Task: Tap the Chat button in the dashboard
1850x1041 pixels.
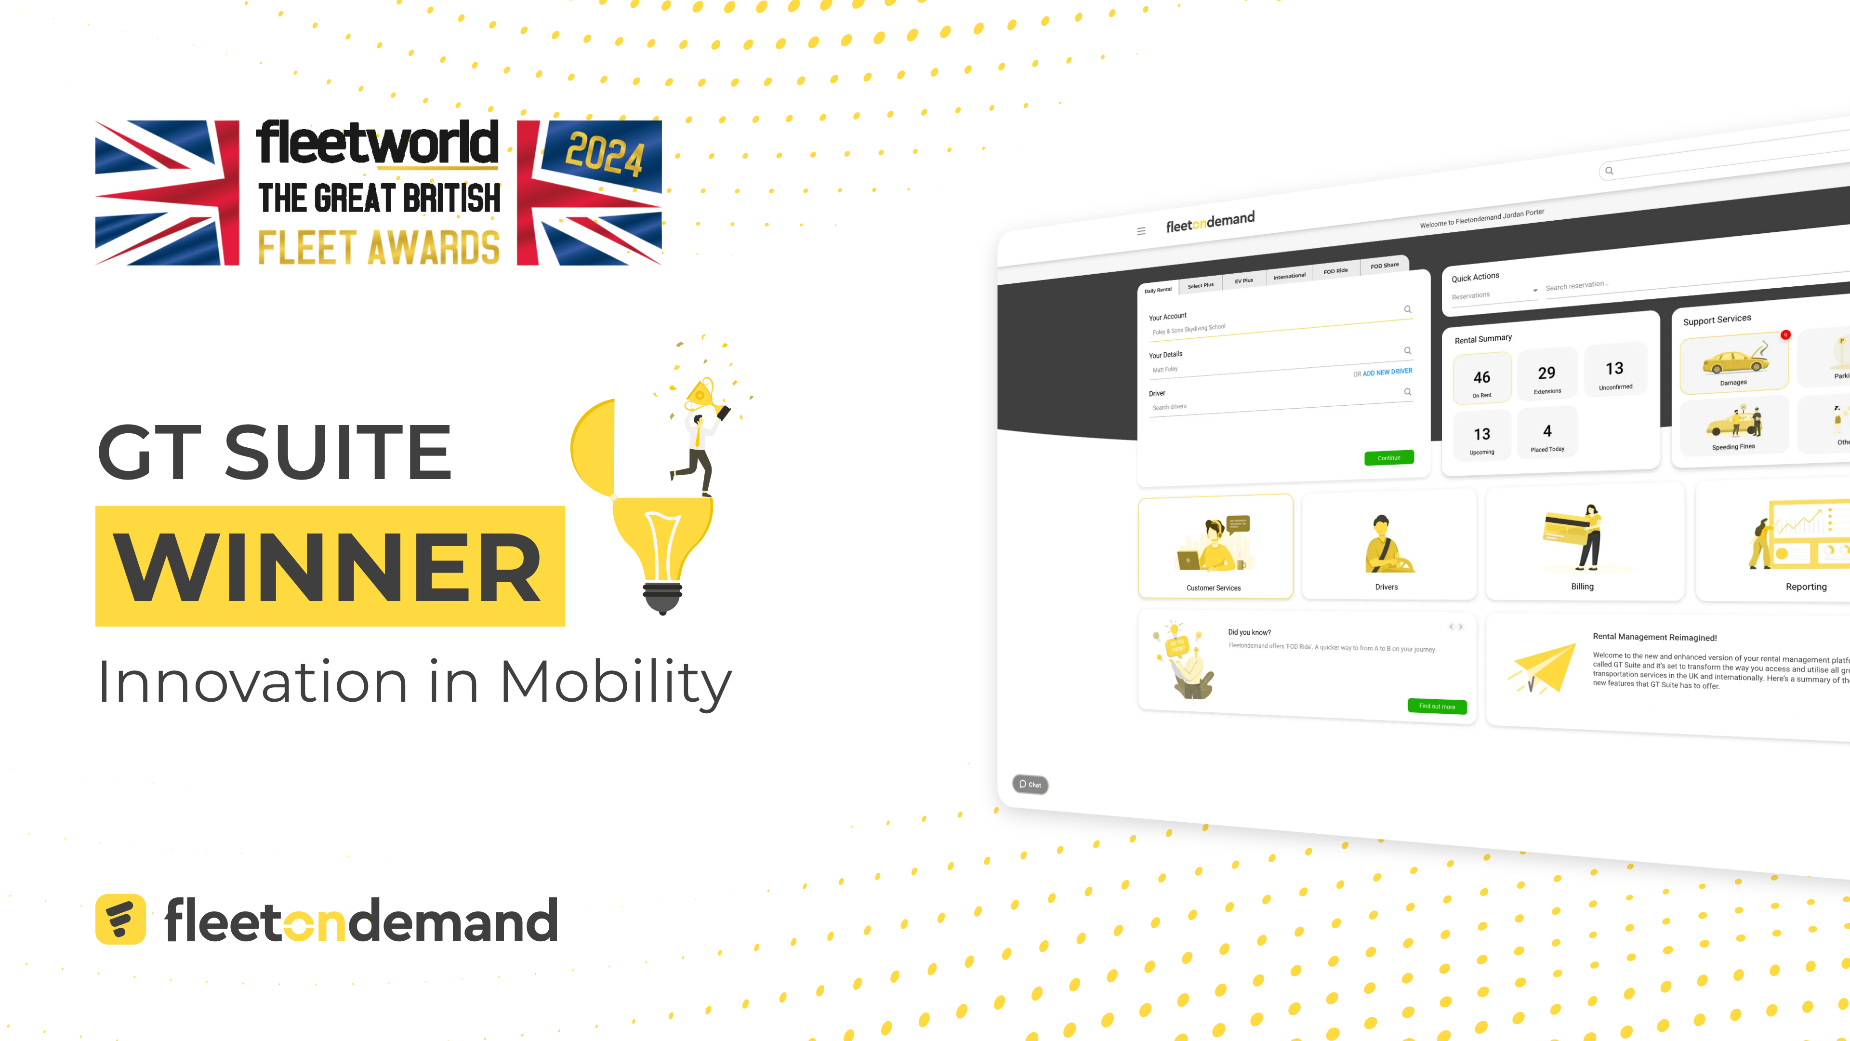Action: point(1030,784)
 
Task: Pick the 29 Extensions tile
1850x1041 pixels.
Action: point(1547,375)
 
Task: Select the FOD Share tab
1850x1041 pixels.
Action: point(1384,265)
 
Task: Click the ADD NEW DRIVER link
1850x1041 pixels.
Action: point(1387,372)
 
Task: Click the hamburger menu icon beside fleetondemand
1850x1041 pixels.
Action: point(1141,231)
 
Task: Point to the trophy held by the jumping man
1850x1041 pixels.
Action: point(700,394)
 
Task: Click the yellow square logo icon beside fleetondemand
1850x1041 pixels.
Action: point(120,919)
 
